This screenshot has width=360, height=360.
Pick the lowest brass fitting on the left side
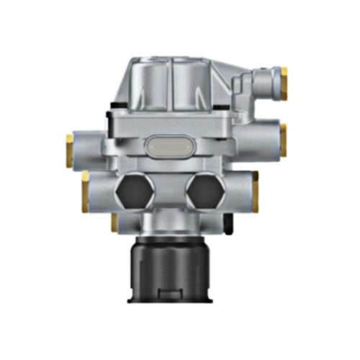pyautogui.click(x=114, y=223)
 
